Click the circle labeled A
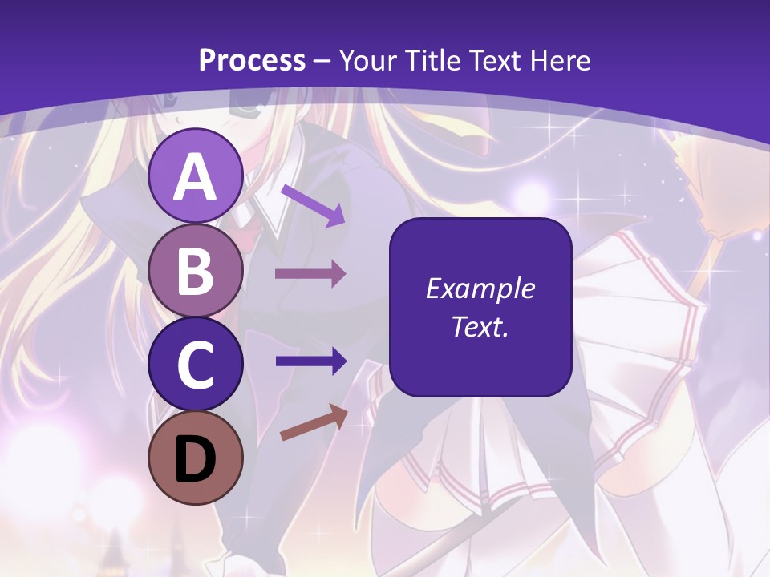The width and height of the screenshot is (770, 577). pos(195,176)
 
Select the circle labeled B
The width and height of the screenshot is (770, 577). pos(195,270)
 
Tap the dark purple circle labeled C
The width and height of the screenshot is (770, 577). pos(195,364)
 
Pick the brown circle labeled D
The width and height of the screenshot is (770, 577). pos(195,458)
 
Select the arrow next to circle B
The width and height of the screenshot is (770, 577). pos(310,274)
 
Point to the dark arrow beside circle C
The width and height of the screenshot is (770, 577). pos(310,361)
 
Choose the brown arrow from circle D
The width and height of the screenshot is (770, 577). pos(314,422)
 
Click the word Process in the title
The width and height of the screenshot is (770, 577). pos(252,60)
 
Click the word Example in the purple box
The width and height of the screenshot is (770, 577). pos(480,288)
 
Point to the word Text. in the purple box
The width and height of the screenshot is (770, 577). pos(480,326)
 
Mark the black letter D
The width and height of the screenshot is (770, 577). pos(195,460)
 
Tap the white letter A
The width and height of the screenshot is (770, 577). pos(195,177)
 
